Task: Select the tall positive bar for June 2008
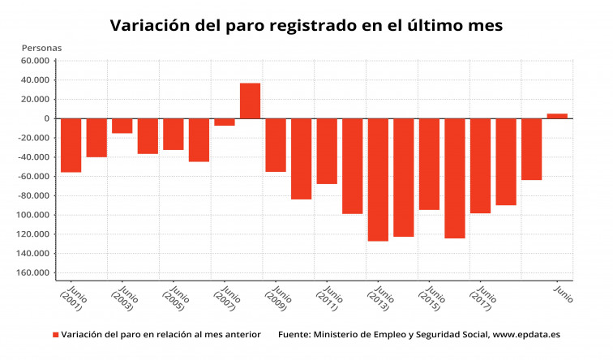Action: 250,101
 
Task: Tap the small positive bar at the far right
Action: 557,116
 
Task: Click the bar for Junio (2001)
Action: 71,145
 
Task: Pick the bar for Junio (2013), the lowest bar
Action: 378,179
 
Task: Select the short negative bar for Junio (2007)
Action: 225,122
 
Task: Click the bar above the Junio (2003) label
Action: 122,126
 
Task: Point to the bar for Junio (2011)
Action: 327,151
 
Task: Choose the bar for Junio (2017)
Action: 480,165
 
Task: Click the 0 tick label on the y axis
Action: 48,118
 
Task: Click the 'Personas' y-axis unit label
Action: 41,47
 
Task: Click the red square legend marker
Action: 56,334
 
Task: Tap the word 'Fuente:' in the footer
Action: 294,334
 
